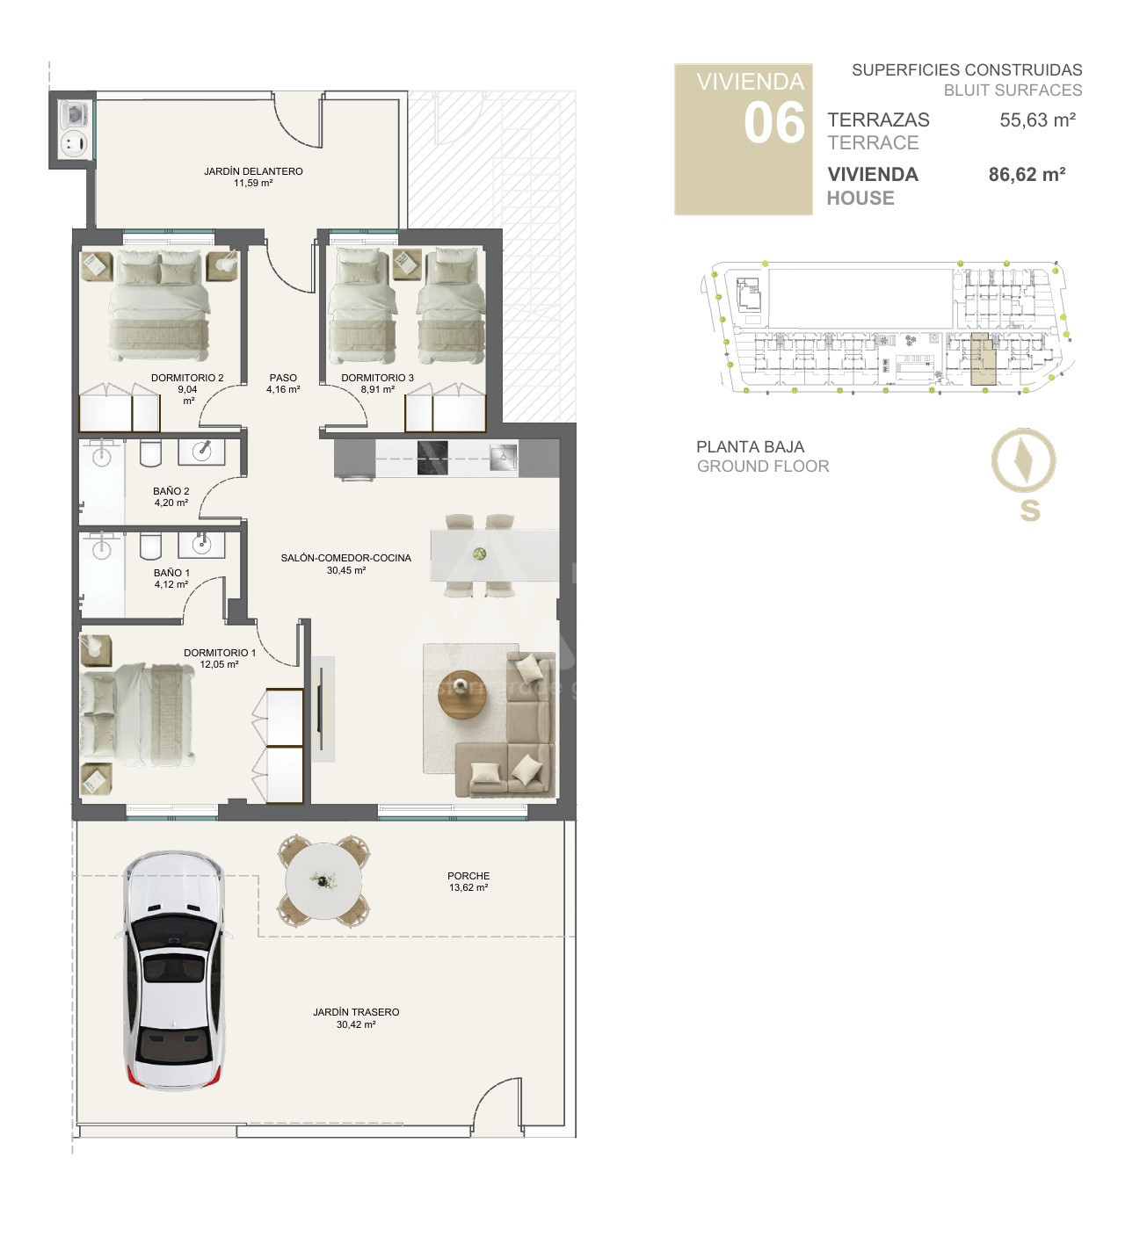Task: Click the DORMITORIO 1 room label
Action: click(x=220, y=653)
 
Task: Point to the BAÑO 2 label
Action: click(x=171, y=491)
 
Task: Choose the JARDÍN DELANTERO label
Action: click(x=254, y=171)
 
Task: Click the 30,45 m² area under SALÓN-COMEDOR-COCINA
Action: click(x=346, y=570)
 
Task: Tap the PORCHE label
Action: click(x=468, y=876)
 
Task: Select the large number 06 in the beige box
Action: click(x=774, y=123)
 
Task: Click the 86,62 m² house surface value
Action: click(x=1027, y=175)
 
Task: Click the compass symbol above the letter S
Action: click(x=1023, y=460)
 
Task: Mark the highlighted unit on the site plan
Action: click(x=984, y=359)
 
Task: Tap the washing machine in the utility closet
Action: click(x=75, y=114)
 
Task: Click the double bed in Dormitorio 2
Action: click(x=159, y=305)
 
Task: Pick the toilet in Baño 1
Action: click(x=150, y=546)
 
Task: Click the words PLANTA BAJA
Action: click(x=750, y=446)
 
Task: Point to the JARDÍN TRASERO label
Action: click(x=356, y=1012)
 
